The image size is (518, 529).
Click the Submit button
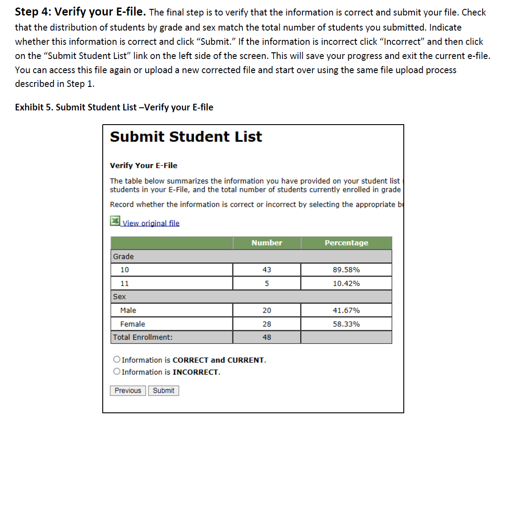point(163,391)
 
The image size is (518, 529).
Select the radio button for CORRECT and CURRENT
point(116,360)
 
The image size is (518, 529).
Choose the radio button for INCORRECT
point(116,372)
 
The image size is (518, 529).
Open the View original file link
point(151,223)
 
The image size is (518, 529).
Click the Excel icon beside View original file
point(115,221)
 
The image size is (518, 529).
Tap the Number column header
point(267,243)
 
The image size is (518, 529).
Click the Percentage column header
point(346,243)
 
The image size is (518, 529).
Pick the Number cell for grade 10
point(267,270)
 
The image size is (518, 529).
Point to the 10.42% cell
point(346,283)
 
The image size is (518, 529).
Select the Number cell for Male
point(267,310)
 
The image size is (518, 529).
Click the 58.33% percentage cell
point(346,324)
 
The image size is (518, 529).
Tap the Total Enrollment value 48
point(267,337)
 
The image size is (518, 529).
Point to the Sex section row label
point(120,297)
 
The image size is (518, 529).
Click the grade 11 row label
point(125,283)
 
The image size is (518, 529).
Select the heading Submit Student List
point(186,137)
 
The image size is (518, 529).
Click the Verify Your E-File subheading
point(143,165)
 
